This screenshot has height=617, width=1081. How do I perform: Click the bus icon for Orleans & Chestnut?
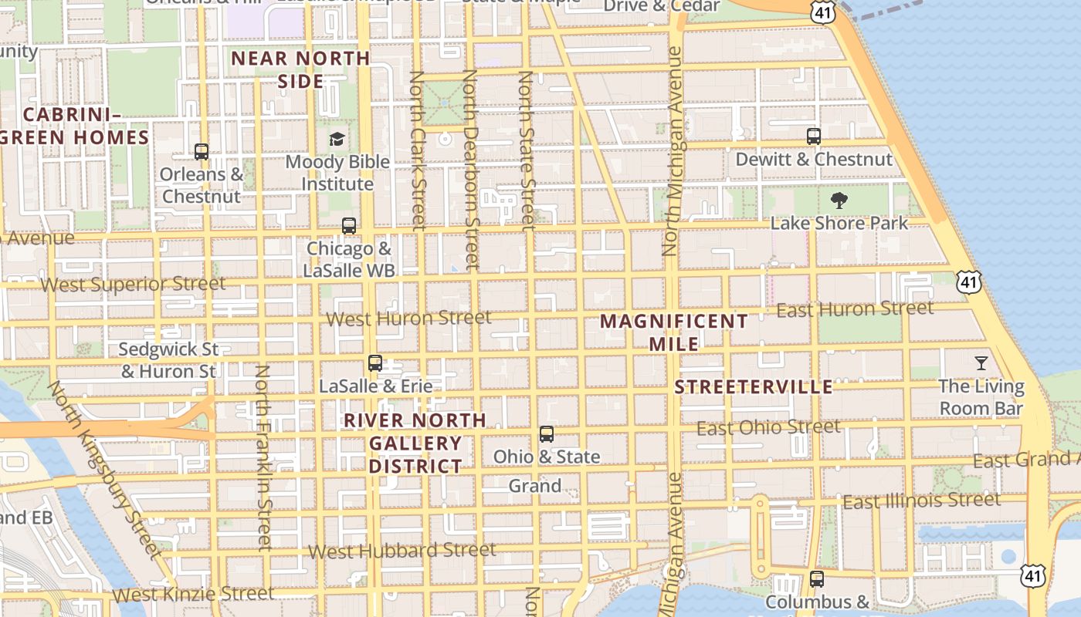202,152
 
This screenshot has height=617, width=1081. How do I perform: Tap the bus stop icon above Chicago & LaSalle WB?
349,226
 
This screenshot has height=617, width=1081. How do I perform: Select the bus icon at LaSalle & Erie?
375,363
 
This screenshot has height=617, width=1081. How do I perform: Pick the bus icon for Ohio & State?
547,434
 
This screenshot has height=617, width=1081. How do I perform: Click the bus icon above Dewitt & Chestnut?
813,137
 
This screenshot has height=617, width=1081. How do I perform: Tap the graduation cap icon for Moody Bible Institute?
337,140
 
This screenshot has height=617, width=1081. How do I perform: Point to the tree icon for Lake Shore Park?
839,201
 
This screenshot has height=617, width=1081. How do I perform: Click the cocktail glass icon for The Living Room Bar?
981,363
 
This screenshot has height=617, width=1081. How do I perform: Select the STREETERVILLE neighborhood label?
754,387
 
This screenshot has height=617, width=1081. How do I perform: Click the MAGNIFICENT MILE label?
674,332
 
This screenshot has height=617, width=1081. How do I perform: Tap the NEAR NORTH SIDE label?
300,69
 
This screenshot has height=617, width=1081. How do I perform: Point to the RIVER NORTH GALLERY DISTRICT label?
415,443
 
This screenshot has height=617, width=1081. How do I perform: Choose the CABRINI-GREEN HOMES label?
74,126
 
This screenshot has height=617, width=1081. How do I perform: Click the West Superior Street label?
133,284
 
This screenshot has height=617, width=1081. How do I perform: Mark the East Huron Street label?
855,309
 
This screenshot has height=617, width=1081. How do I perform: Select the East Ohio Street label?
768,427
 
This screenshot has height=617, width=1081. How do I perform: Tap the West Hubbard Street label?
402,551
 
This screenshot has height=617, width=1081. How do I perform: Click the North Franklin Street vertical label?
263,457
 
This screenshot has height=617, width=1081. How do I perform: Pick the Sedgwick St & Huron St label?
168,360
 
